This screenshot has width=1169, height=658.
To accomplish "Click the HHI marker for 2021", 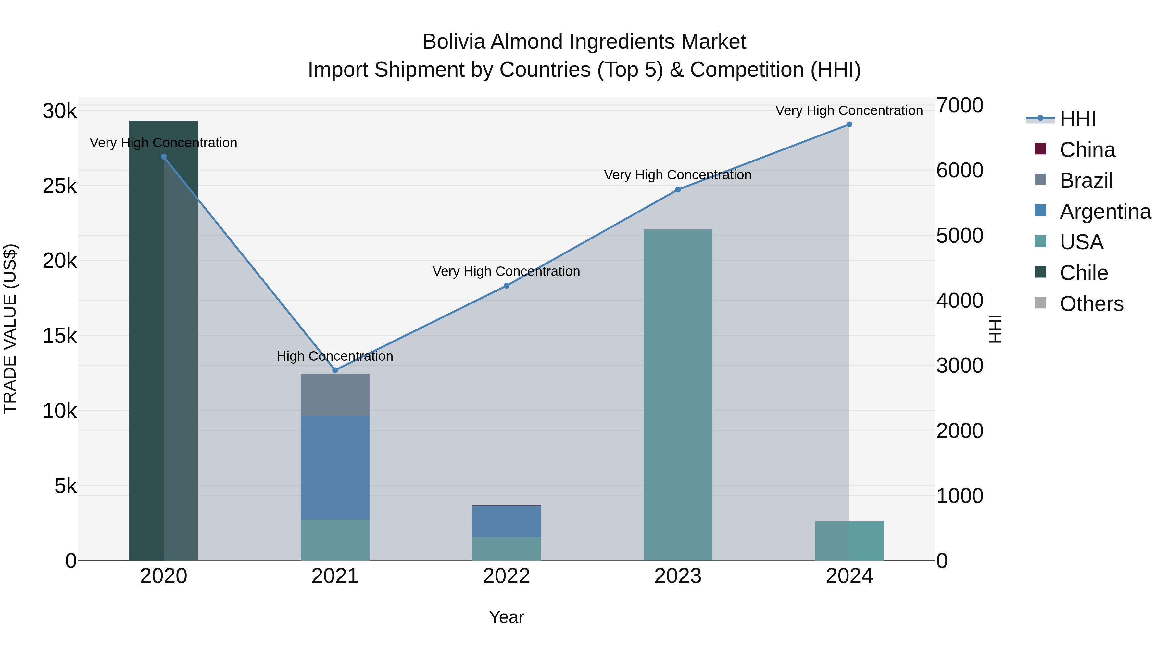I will click(335, 370).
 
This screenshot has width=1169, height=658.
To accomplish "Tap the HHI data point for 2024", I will click(849, 124).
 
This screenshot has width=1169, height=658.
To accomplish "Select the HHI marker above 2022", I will click(507, 286).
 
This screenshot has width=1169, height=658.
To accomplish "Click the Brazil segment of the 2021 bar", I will click(335, 394).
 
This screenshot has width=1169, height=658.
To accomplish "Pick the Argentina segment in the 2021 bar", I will click(335, 467).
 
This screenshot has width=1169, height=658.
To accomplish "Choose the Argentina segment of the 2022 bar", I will click(507, 521).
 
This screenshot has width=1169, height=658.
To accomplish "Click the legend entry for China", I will click(1087, 150).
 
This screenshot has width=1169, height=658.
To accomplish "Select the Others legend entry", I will click(1091, 304).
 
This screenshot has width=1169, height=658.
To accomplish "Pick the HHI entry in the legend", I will click(1077, 119).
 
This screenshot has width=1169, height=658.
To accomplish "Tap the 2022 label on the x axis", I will click(507, 576).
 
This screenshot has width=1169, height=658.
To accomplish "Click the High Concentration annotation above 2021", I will click(335, 356).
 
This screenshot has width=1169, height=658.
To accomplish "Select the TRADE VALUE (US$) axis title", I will click(10, 329).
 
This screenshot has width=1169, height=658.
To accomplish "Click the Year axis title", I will click(507, 617).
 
